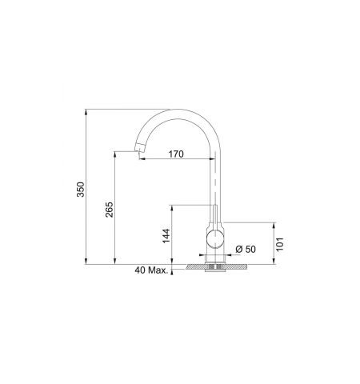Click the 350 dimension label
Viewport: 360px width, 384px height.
80,190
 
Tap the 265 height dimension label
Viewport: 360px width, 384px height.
109,210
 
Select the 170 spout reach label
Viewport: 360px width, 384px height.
176,154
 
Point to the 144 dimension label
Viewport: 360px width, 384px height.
166,236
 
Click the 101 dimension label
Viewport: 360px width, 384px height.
279,244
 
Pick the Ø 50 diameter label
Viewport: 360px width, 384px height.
246,249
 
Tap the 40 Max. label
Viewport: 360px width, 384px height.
151,270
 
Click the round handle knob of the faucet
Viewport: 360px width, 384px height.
215,238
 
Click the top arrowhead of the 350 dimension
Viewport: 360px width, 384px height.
86,112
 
